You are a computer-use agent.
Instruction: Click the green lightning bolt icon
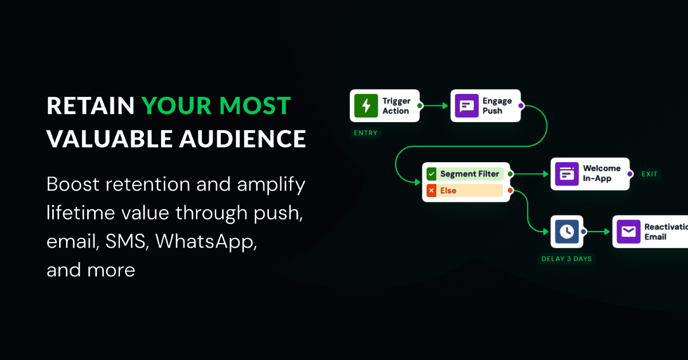[x=366, y=105]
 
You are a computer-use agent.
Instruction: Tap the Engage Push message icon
[x=467, y=105]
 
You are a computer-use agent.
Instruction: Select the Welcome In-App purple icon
[x=566, y=174]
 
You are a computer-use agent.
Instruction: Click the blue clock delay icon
[x=566, y=231]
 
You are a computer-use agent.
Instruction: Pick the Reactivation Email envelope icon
[x=628, y=231]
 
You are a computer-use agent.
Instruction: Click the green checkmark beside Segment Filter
[x=432, y=174]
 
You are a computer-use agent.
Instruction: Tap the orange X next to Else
[x=432, y=190]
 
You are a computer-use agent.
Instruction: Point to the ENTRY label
[x=366, y=133]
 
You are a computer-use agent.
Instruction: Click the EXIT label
[x=649, y=174]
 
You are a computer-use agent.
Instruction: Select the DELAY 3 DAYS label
[x=566, y=259]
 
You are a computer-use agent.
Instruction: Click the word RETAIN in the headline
[x=91, y=106]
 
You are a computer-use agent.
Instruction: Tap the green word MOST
[x=255, y=106]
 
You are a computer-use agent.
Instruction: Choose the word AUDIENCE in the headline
[x=243, y=139]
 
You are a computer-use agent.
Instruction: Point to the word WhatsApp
[x=206, y=242]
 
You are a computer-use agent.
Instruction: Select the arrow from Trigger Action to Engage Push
[x=435, y=105]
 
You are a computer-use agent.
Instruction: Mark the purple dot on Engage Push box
[x=521, y=105]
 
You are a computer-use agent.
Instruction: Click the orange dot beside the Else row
[x=510, y=190]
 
